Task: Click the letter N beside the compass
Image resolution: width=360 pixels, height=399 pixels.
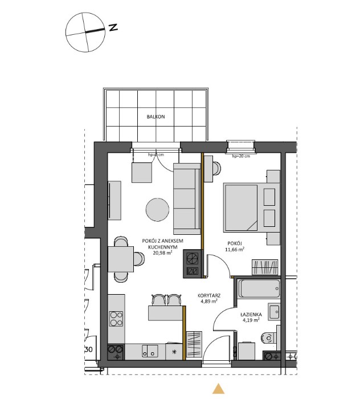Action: pyautogui.click(x=114, y=27)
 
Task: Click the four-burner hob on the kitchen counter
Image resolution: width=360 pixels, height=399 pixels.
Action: pyautogui.click(x=116, y=319)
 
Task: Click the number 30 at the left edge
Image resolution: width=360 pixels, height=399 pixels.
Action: pyautogui.click(x=89, y=349)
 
